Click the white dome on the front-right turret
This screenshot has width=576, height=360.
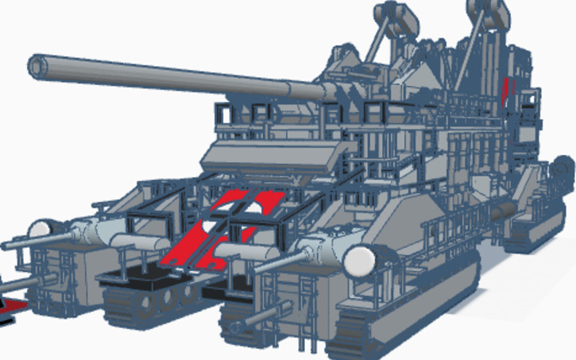361,259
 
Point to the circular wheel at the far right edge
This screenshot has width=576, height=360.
566,169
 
